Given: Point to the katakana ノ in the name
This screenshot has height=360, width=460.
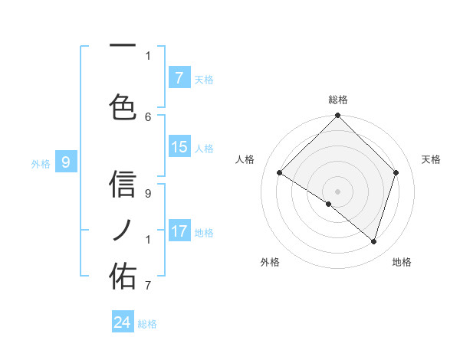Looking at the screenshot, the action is pos(123,229).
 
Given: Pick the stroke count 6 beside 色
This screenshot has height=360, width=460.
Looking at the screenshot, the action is pos(148,117).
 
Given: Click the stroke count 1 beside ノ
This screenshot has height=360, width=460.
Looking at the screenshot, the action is pos(148,240).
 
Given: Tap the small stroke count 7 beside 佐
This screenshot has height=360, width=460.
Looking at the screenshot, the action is pos(148,286).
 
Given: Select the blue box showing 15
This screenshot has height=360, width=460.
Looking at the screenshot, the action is pos(179,147).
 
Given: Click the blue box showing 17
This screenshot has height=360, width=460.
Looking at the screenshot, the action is pos(179,231).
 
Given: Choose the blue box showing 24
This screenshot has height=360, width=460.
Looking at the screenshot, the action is pos(123,322).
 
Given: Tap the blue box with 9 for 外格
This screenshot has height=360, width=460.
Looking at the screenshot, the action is pos(66,162).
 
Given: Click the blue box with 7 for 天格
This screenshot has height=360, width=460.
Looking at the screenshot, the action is pos(179,77).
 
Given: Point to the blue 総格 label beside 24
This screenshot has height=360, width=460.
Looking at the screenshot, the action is pos(147,324).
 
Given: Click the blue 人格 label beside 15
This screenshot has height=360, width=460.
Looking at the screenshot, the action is pos(204,149).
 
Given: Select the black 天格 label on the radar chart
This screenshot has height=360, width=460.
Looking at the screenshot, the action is pos(432,159).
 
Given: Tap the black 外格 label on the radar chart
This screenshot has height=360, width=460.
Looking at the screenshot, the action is pos(270,262).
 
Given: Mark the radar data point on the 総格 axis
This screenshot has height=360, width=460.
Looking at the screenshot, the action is pos(337,116).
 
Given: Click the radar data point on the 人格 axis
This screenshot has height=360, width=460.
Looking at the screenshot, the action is pos(280,173).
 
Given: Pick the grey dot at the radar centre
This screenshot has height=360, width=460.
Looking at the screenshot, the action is pos(337,191).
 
